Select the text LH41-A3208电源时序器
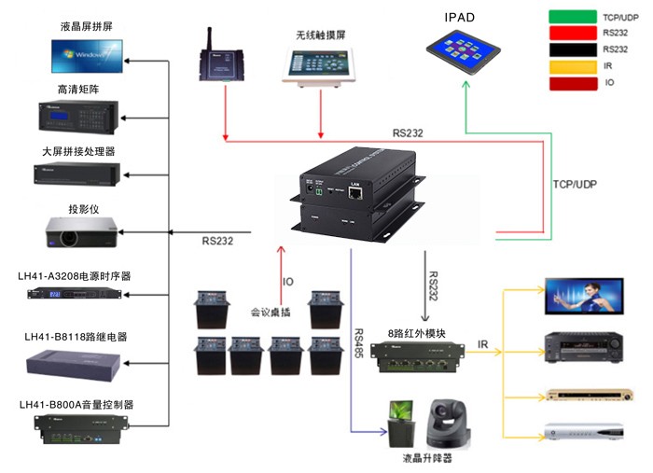click(75, 275)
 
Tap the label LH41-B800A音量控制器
click(76, 404)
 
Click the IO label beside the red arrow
click(289, 283)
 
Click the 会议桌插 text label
click(270, 313)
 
